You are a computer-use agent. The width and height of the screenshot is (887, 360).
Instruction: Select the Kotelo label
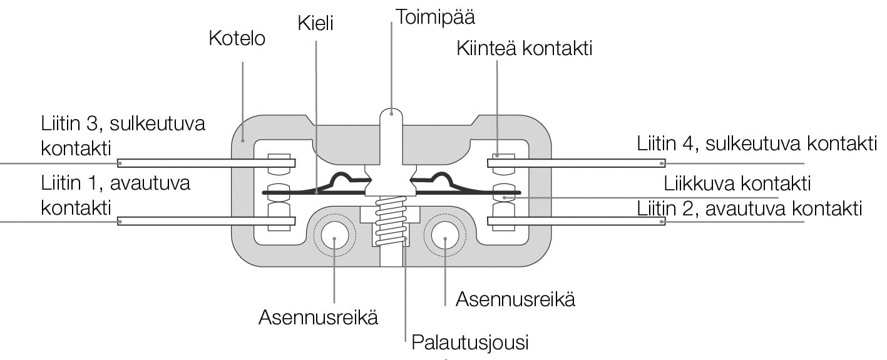point(237,39)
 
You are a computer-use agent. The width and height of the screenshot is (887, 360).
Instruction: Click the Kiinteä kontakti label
point(524,49)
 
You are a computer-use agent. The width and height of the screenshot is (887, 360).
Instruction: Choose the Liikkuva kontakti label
point(737,184)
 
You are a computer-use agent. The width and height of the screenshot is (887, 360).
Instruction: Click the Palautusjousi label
point(470,343)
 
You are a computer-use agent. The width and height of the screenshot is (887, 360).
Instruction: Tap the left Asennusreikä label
point(318,317)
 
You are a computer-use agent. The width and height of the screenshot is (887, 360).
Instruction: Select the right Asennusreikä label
point(515,299)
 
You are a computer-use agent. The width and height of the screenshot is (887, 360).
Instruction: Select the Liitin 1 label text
point(115,195)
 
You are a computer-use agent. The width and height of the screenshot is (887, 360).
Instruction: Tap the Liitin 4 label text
point(756,143)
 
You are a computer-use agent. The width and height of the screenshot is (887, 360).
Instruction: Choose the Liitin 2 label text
point(749,208)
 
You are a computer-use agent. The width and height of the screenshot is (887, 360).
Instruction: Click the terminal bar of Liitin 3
point(207,163)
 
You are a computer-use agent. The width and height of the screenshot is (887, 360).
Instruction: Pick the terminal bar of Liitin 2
point(576,221)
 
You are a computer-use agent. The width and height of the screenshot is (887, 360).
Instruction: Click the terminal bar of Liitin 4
point(576,163)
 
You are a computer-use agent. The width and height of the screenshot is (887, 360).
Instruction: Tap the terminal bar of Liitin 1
point(207,221)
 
